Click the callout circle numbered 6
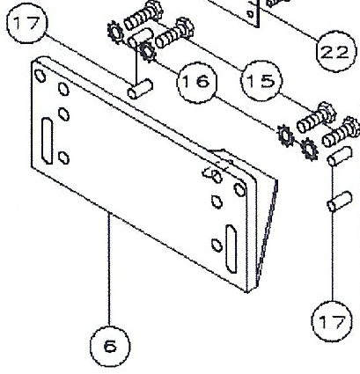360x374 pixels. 110,346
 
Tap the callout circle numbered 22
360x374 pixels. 335,52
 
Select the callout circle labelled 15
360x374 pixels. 261,80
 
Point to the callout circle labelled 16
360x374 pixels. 197,82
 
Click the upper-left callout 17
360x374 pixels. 26,23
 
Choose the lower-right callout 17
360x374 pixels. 332,321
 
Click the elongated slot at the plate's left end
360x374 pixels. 47,141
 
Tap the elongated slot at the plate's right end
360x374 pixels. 231,249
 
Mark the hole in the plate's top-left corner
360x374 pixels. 40,76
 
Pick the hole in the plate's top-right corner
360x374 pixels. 240,189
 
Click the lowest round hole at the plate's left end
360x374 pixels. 63,158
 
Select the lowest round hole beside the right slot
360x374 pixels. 217,246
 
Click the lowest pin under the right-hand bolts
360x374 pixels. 340,202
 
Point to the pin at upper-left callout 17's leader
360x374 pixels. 140,89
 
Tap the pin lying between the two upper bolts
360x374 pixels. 141,38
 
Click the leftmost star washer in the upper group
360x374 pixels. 114,33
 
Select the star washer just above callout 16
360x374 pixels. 148,51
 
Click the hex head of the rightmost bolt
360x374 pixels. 351,127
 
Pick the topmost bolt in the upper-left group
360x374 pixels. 143,15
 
